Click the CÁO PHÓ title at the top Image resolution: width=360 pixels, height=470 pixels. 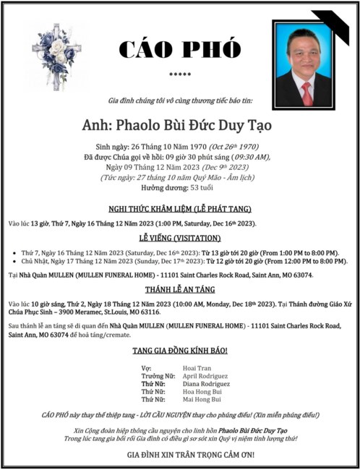(x=179, y=49)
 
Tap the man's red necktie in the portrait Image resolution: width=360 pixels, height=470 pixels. (x=307, y=93)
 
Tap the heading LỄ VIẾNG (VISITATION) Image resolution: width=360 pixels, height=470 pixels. (x=180, y=237)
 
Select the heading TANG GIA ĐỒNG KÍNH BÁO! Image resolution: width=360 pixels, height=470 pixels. (x=180, y=351)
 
